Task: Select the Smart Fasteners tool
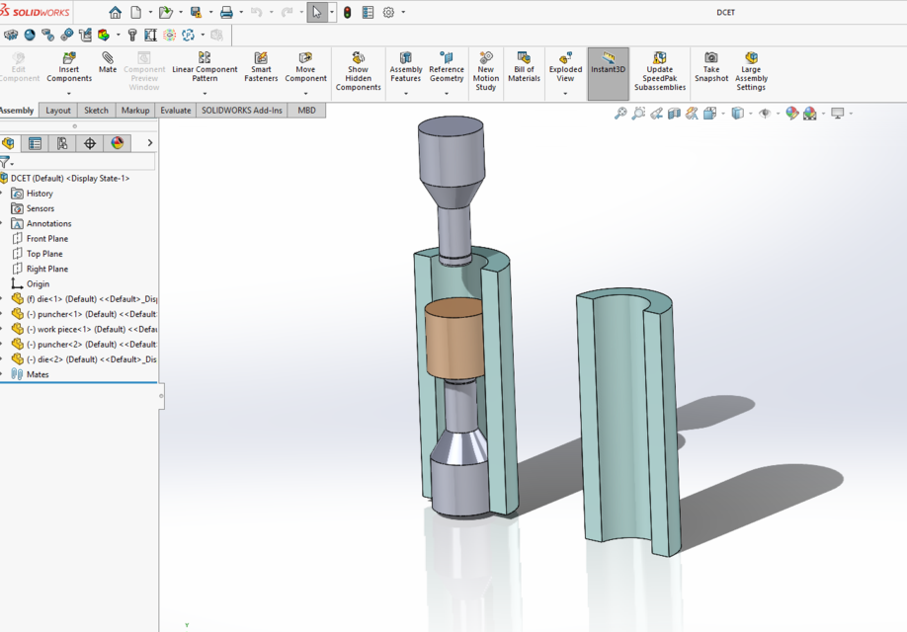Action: (x=261, y=67)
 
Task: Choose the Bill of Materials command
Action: (x=524, y=67)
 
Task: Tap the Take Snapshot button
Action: (x=710, y=67)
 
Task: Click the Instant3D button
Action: (x=608, y=67)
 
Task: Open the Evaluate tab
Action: (x=175, y=111)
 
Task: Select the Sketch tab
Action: (x=96, y=111)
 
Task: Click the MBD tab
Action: (x=306, y=111)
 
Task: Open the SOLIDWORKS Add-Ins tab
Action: (x=241, y=111)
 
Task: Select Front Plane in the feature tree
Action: (x=46, y=239)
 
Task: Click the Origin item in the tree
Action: (x=38, y=284)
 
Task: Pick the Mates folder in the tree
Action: (x=37, y=374)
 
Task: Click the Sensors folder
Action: (x=40, y=208)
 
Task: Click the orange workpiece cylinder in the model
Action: (x=451, y=341)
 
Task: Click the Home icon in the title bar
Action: (x=116, y=13)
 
